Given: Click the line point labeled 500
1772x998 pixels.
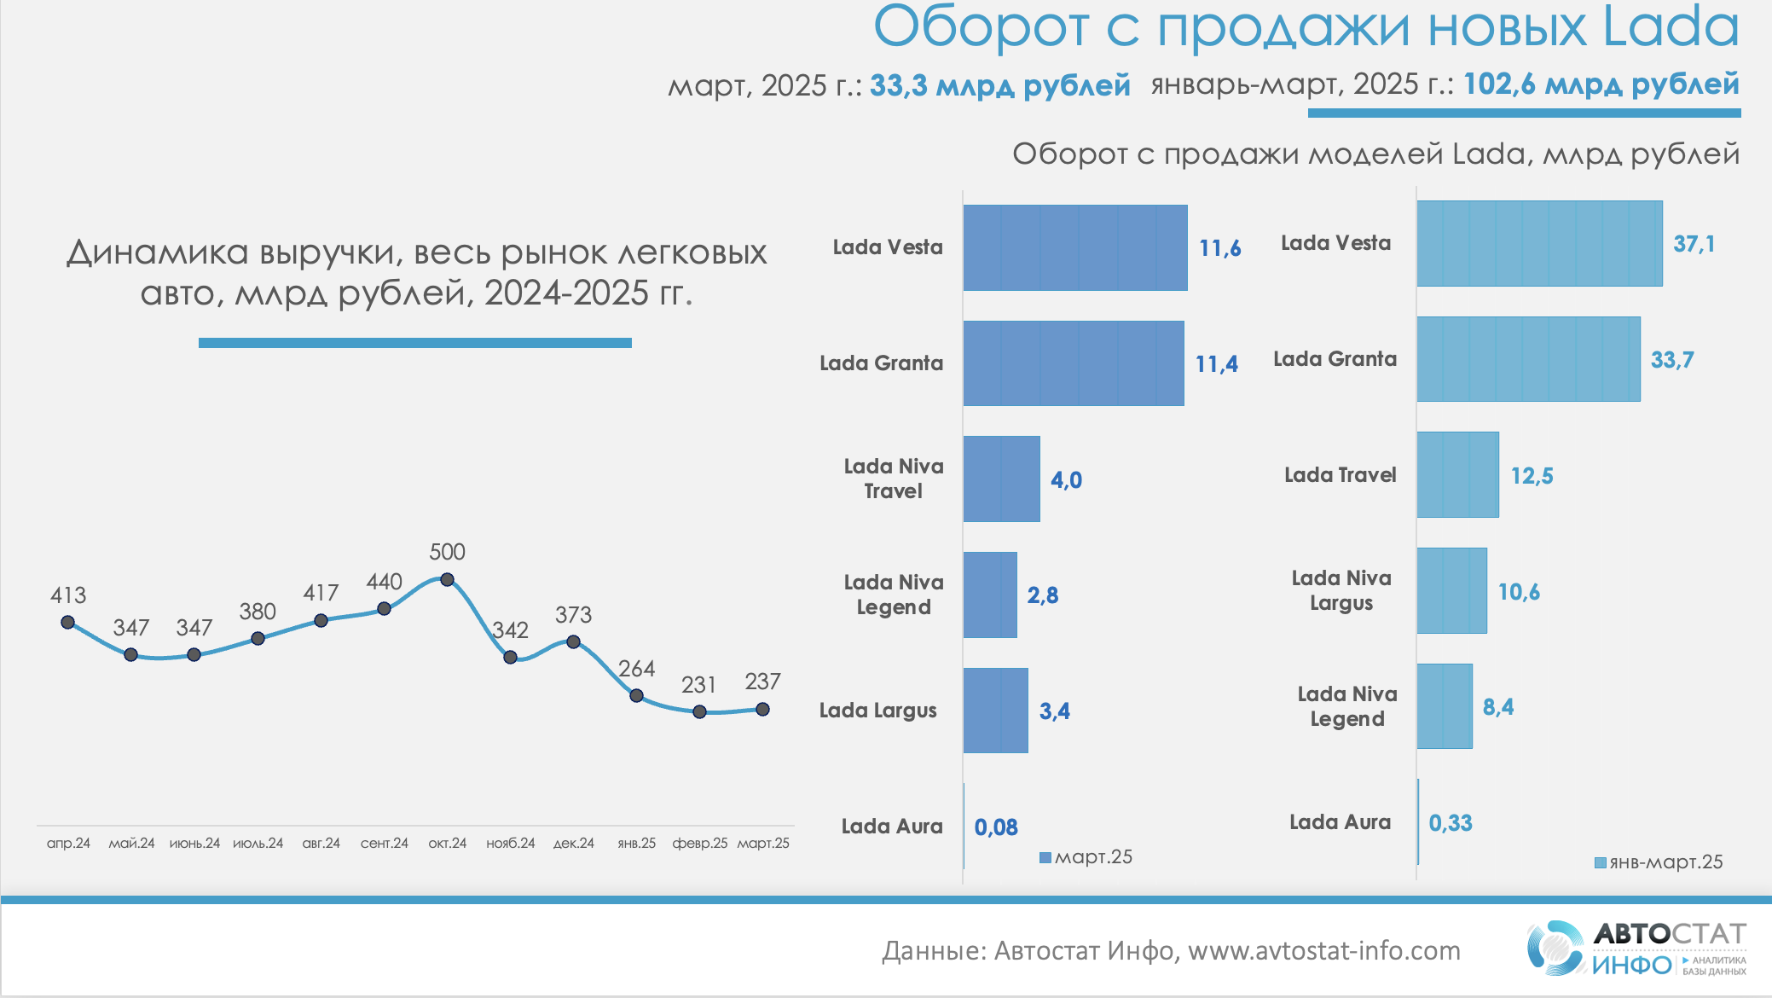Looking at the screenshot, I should point(447,580).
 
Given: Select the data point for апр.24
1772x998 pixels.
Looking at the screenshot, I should point(68,622).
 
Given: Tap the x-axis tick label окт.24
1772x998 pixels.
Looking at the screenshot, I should point(447,843).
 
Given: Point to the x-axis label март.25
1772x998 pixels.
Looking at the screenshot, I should point(763,843).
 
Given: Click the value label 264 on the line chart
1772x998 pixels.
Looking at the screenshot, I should point(636,669).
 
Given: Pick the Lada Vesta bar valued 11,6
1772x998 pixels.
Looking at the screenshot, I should point(1074,247).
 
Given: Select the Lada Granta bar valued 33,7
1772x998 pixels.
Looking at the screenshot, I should point(1528,359).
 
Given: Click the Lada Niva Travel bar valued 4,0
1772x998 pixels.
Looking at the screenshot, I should point(1001,479).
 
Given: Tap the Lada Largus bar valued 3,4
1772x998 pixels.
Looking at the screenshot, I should point(995,711).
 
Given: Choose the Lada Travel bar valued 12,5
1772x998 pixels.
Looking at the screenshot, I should point(1457,474).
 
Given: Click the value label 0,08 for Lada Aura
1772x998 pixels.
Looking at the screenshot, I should point(996,827).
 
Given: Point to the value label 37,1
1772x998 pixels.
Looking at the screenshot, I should point(1694,244).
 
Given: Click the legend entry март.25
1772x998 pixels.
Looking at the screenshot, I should point(1086,857).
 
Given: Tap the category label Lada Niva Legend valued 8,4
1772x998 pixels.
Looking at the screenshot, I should point(1347,706).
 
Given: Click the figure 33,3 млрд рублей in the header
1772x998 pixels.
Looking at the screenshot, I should point(999,85).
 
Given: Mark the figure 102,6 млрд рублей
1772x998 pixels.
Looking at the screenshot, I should point(1601,84).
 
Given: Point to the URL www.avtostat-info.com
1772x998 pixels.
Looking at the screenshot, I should point(1323,950).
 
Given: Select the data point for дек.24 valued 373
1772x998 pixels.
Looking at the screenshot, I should point(573,641).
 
